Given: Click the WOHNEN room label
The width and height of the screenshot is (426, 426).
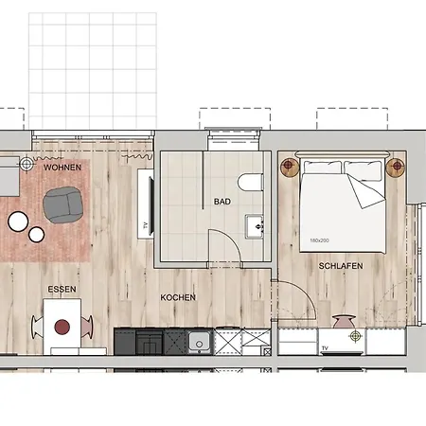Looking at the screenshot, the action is click(x=62, y=168).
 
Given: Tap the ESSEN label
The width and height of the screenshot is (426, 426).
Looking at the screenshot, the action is click(x=62, y=289).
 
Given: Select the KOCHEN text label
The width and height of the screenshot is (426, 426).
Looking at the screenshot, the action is click(x=178, y=297).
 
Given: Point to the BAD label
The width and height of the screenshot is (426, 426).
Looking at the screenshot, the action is click(x=222, y=202).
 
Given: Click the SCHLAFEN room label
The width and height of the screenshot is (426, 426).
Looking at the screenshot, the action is click(x=341, y=266).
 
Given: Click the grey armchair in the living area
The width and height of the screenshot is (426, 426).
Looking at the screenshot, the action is click(x=63, y=204).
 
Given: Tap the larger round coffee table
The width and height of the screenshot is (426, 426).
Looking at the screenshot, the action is click(x=18, y=222).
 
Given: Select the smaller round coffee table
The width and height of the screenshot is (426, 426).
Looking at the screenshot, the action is click(x=36, y=235).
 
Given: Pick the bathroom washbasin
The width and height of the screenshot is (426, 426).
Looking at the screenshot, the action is click(x=255, y=226).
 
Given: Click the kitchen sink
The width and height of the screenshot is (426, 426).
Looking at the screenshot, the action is click(x=199, y=342).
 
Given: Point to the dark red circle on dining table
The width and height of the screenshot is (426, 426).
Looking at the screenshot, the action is click(x=62, y=327).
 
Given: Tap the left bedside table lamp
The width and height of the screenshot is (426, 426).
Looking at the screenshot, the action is click(x=290, y=165).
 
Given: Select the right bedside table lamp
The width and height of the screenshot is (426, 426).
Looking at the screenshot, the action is click(x=396, y=166).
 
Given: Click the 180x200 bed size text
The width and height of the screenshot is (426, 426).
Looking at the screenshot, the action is click(x=319, y=240).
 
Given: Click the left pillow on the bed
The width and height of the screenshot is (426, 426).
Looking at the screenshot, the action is click(x=322, y=167).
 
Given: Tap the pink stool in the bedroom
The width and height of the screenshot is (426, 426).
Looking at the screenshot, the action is click(x=344, y=321).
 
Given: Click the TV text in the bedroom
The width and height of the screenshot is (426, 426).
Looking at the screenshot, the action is click(x=325, y=348).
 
